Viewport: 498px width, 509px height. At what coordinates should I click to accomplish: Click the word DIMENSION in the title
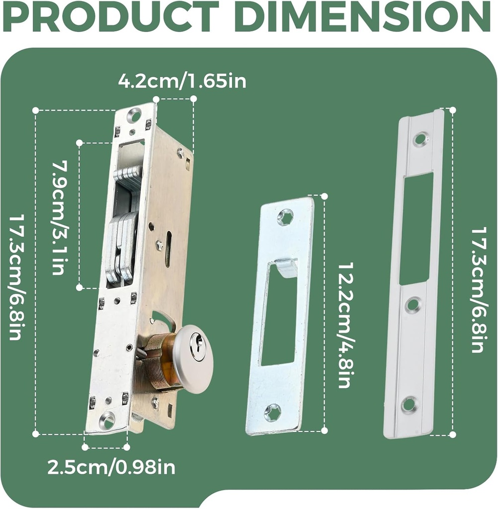click(363, 16)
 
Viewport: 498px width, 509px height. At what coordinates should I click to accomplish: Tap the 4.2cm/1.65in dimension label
click(182, 81)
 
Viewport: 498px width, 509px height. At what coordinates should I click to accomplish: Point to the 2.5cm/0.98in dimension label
click(111, 467)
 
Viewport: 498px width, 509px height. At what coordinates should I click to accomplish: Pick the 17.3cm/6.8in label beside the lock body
click(15, 277)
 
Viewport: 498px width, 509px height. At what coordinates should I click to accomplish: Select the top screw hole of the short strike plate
click(285, 217)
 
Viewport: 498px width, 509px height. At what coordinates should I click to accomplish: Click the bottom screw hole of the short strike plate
click(272, 413)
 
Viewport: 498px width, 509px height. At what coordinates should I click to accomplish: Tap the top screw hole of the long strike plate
click(420, 139)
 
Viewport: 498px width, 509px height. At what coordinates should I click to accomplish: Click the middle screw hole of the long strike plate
click(413, 305)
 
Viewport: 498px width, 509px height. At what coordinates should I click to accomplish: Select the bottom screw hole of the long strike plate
click(409, 404)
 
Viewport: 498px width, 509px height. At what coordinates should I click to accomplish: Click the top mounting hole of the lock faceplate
click(134, 116)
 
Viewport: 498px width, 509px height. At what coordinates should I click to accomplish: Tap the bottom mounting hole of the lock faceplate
click(106, 421)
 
